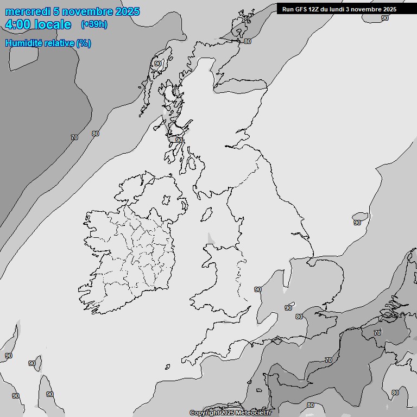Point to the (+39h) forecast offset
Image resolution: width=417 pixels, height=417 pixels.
click(x=94, y=24)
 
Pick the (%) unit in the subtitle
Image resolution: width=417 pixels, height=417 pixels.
click(x=84, y=43)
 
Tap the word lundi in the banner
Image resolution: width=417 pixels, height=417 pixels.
click(x=343, y=9)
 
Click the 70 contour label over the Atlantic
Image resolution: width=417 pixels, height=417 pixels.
click(x=74, y=137)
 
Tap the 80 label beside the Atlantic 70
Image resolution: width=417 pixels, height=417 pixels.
click(x=96, y=134)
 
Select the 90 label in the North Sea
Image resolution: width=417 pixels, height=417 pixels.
click(x=357, y=222)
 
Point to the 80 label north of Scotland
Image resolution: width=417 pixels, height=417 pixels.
click(x=248, y=41)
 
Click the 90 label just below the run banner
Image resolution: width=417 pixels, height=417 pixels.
click(x=385, y=18)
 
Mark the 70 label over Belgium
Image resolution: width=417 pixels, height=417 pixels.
click(x=377, y=332)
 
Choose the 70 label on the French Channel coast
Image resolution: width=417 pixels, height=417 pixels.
click(x=328, y=360)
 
